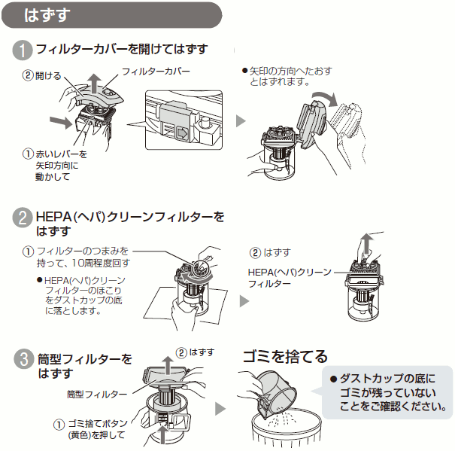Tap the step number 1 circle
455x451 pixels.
coord(23,50)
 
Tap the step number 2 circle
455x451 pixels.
coord(23,219)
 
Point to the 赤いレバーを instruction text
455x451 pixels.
coord(61,154)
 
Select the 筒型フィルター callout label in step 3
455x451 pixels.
coord(97,395)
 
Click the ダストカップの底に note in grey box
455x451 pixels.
coord(387,377)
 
